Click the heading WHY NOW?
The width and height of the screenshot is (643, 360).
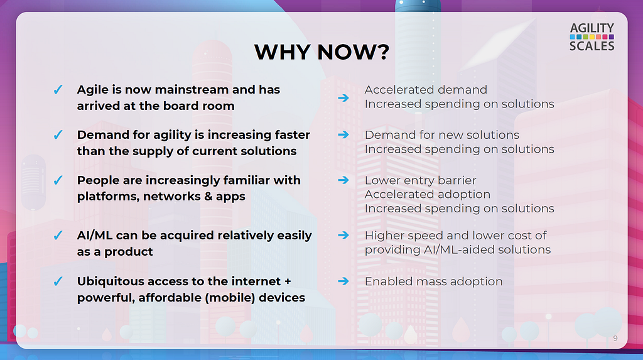(x=321, y=52)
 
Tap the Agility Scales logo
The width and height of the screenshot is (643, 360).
(x=592, y=37)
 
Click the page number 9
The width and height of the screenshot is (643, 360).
(x=615, y=338)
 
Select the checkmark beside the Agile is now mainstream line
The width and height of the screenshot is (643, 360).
(x=58, y=89)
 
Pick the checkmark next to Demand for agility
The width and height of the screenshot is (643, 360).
(x=58, y=134)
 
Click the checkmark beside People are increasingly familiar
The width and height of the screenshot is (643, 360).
(x=58, y=180)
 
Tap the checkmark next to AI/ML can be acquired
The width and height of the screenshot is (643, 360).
(x=58, y=235)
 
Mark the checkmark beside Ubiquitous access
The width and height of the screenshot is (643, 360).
(x=58, y=281)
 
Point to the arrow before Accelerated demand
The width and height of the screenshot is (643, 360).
(x=343, y=98)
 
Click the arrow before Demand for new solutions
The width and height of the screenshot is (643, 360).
(x=343, y=134)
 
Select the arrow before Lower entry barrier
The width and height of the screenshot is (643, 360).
(x=343, y=180)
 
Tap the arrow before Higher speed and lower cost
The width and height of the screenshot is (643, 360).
(x=343, y=235)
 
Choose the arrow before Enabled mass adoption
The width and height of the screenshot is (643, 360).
(x=343, y=281)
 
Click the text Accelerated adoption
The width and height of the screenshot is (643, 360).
(x=427, y=194)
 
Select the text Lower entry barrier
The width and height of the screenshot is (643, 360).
(x=420, y=180)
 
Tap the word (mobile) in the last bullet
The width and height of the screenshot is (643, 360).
(x=232, y=298)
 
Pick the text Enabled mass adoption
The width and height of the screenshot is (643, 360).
(x=433, y=281)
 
